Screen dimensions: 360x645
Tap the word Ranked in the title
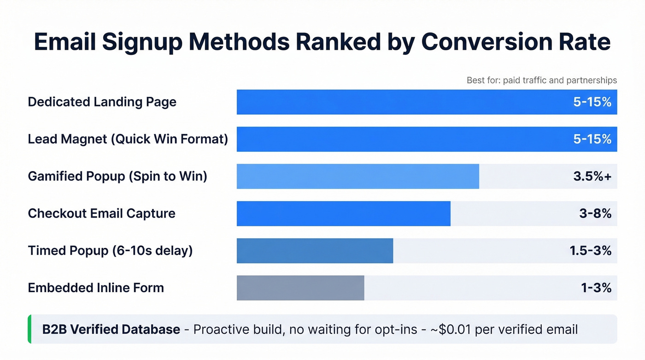[341, 42]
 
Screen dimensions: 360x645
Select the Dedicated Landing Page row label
[102, 102]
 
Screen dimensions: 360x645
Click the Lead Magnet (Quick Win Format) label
[128, 139]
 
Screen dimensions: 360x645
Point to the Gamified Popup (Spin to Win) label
[117, 176]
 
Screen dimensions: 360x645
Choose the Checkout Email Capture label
[101, 213]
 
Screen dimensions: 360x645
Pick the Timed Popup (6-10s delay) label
[110, 251]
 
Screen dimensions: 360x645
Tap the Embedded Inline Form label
[96, 288]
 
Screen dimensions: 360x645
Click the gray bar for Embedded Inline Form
[300, 288]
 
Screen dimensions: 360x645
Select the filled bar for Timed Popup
[315, 251]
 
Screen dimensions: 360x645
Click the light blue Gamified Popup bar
[358, 176]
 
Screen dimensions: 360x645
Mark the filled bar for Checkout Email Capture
[343, 213]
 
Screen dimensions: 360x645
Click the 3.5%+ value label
[592, 176]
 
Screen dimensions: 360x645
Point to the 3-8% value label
[596, 213]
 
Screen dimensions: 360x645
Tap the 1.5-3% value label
[590, 251]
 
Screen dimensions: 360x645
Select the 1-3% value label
[596, 288]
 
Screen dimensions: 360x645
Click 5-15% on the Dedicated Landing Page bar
[592, 102]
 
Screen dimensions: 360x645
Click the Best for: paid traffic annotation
[541, 80]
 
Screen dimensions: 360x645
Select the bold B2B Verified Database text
[111, 330]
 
